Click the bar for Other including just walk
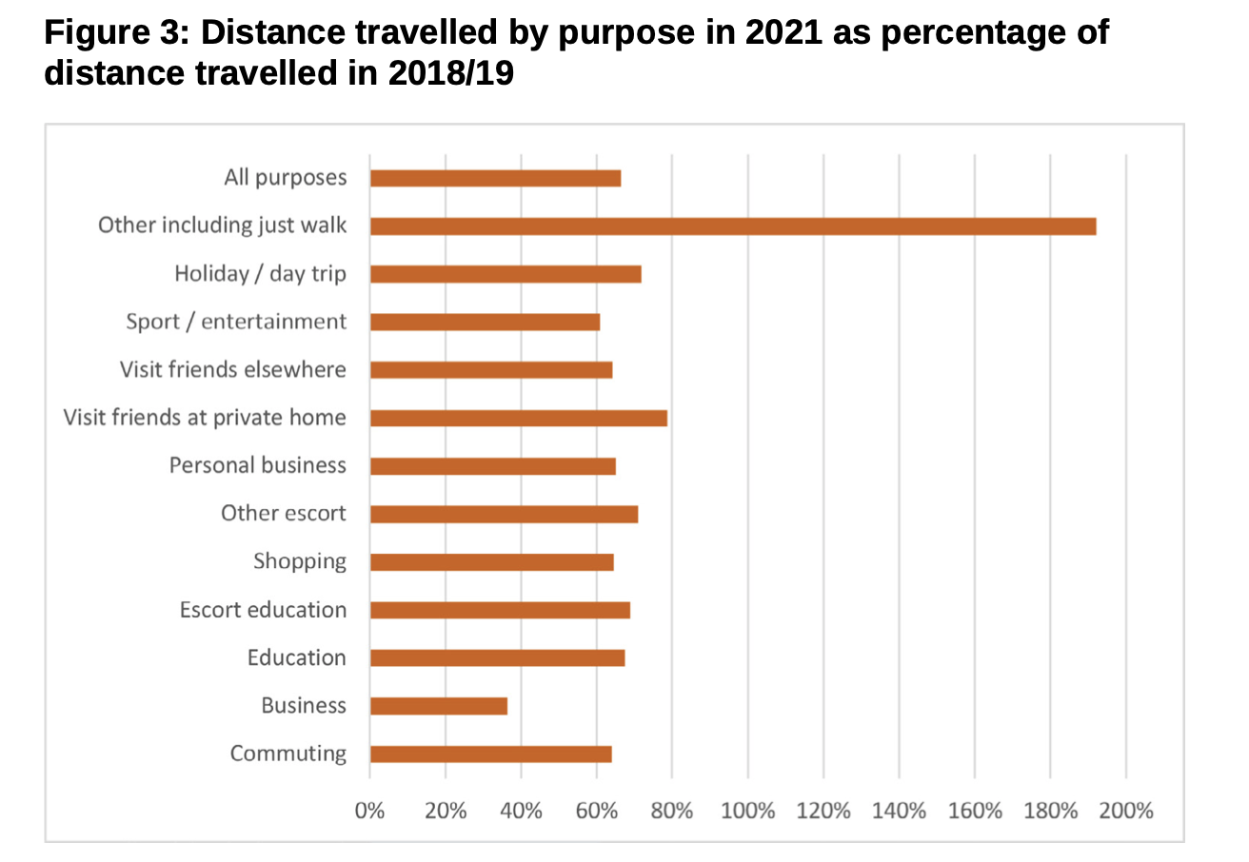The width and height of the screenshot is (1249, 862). click(733, 226)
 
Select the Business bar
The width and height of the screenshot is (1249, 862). click(439, 706)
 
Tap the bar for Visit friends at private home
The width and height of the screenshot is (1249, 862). click(519, 418)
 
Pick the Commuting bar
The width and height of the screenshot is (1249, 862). click(491, 754)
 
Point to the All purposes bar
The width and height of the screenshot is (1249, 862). click(496, 178)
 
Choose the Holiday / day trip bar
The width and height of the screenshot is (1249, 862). click(506, 274)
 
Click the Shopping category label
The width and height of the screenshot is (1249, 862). click(300, 561)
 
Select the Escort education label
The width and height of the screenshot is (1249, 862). click(263, 610)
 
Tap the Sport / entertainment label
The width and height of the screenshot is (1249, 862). click(236, 322)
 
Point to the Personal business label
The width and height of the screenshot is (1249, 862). click(258, 465)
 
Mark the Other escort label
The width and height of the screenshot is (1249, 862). click(284, 514)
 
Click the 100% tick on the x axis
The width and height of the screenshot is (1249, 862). click(748, 812)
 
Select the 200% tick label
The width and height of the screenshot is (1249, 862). click(1126, 812)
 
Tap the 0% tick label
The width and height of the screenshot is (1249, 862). click(369, 812)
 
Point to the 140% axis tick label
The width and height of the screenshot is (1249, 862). click(900, 812)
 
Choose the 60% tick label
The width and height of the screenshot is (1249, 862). click(597, 812)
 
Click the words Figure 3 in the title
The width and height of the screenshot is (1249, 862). click(114, 33)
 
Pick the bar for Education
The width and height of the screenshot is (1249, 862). click(498, 657)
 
